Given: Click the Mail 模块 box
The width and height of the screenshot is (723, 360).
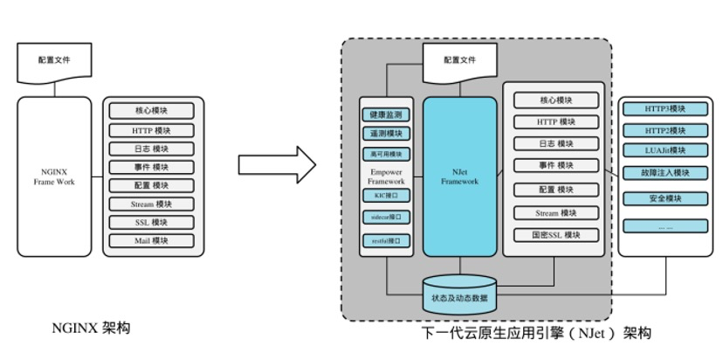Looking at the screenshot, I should click(x=152, y=240).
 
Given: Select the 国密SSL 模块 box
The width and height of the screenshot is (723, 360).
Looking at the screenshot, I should click(x=556, y=235).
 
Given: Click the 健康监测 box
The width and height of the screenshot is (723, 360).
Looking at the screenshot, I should click(x=386, y=114).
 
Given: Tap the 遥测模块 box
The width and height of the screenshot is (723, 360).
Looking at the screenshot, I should click(x=386, y=134).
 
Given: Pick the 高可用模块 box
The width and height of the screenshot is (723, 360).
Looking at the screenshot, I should click(x=386, y=154).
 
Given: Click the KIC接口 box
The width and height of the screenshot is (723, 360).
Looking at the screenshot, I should click(x=386, y=196).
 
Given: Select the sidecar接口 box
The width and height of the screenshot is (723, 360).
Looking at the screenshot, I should click(x=386, y=217).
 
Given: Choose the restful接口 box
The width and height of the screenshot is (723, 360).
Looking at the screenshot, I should click(x=386, y=240).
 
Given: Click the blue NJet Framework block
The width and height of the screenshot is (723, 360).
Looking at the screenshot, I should click(x=459, y=176).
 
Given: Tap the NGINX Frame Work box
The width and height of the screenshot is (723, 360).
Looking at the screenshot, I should click(x=54, y=176).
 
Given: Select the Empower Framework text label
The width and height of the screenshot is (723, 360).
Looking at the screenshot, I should click(x=386, y=177).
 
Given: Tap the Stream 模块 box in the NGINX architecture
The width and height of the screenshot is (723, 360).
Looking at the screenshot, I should click(x=152, y=204).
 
